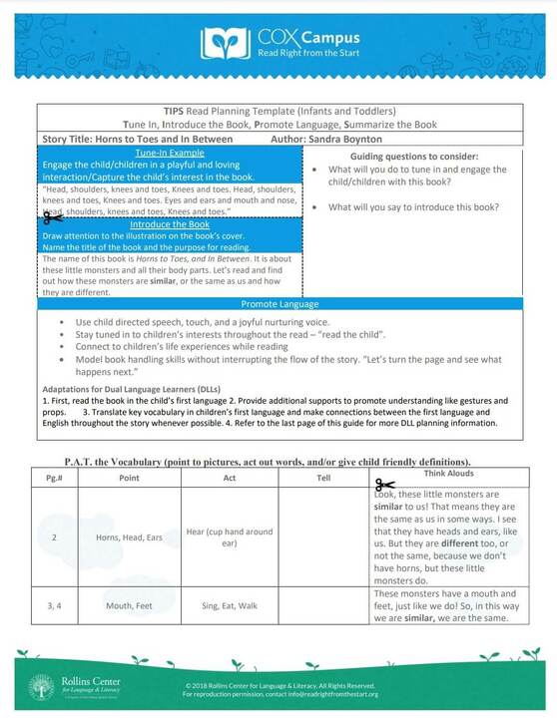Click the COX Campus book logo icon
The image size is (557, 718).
(x=223, y=43)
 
